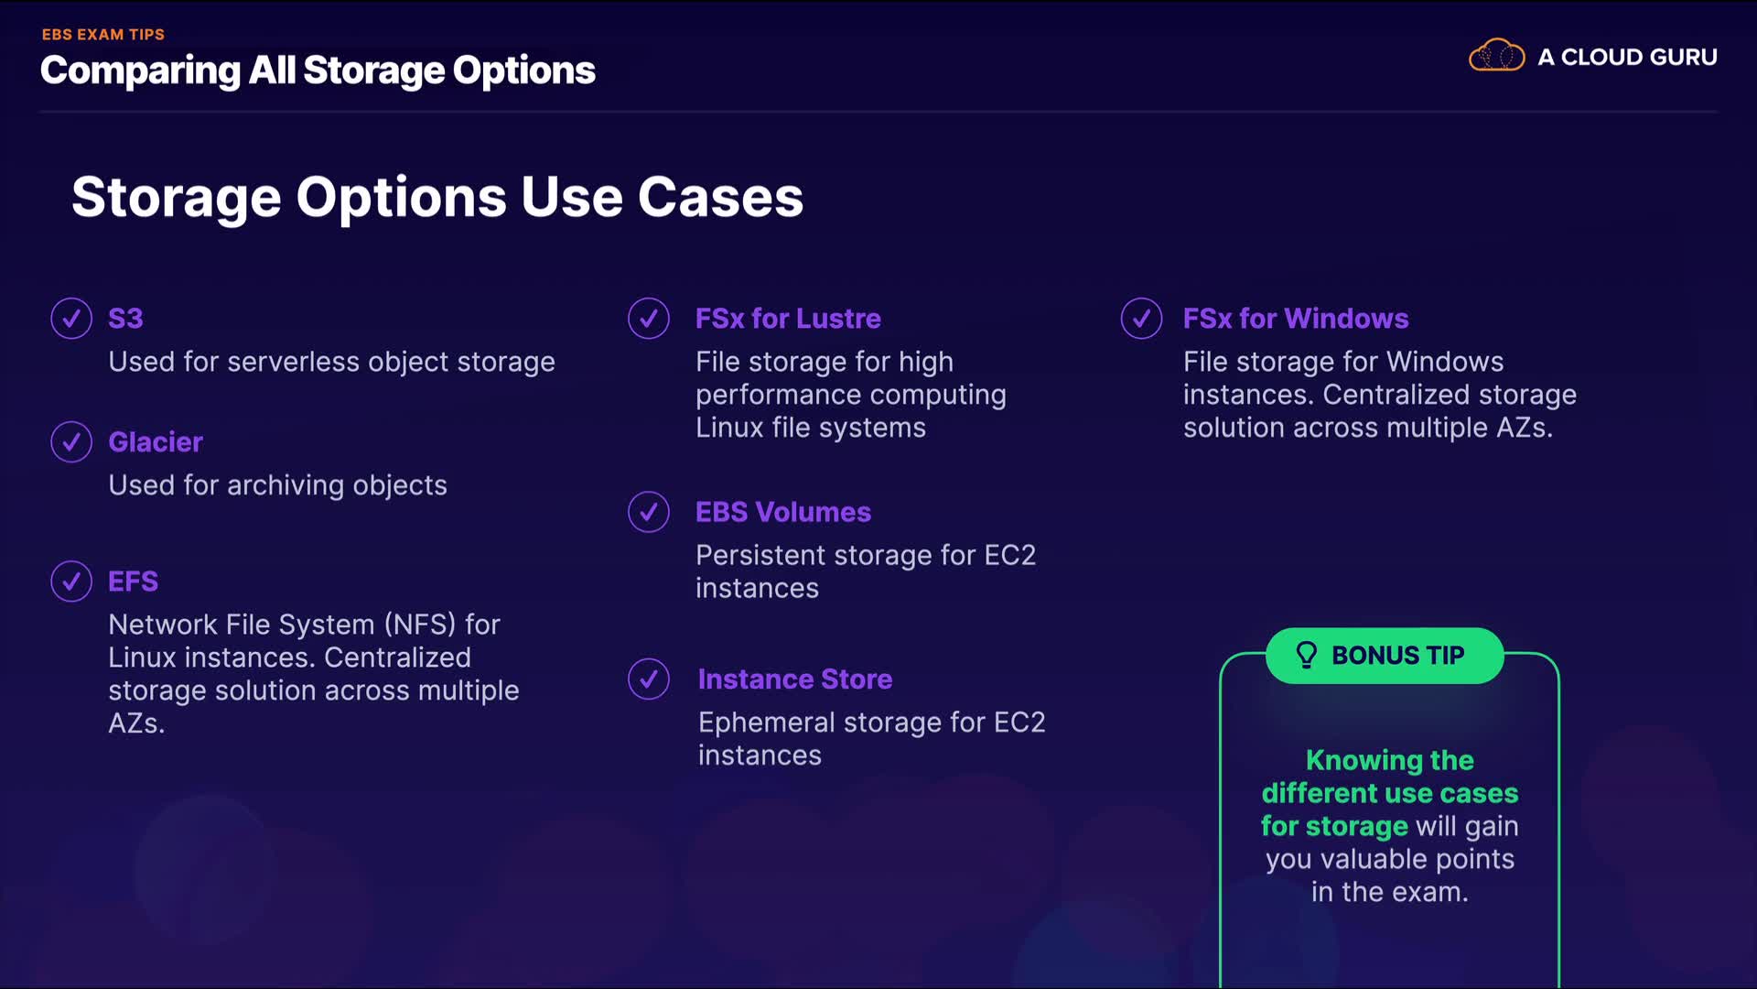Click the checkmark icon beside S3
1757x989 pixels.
(x=71, y=319)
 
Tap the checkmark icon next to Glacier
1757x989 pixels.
(x=71, y=442)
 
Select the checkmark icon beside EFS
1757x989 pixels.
(x=71, y=581)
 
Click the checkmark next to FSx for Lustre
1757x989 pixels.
(x=649, y=319)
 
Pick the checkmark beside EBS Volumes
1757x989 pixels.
(x=649, y=512)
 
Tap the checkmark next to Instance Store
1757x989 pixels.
(x=649, y=679)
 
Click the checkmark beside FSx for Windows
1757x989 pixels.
(x=1141, y=319)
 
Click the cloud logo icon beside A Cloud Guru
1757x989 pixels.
(x=1496, y=56)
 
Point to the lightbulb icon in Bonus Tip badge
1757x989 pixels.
(x=1306, y=655)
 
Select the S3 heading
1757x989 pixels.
(x=125, y=319)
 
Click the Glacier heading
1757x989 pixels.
(x=156, y=442)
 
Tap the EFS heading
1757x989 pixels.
(x=133, y=581)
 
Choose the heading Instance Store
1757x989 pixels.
(x=795, y=679)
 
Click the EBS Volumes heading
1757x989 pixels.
(x=783, y=512)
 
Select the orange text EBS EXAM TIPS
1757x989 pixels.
(x=103, y=35)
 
